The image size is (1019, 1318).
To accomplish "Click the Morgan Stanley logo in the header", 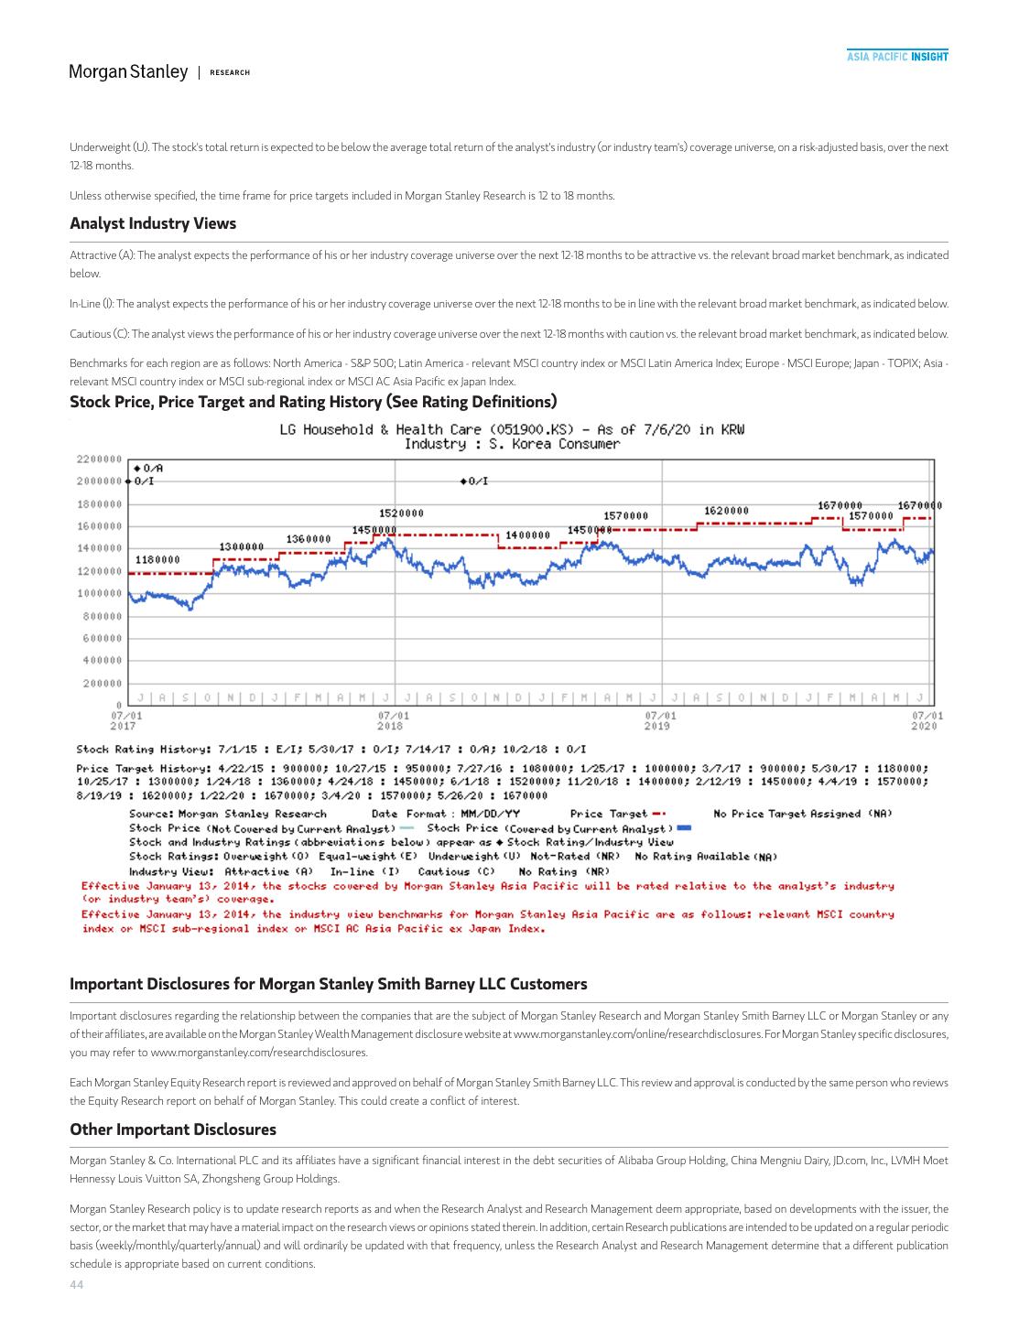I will point(128,71).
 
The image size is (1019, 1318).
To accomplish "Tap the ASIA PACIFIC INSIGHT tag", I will point(896,57).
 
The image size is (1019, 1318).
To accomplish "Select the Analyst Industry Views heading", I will point(153,223).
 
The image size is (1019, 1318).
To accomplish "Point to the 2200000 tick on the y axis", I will point(99,459).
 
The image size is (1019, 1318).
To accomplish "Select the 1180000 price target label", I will point(157,559).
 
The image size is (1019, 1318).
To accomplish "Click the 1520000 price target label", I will point(401,513).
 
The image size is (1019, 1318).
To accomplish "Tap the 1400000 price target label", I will point(527,535).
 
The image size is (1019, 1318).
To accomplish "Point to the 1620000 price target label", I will point(726,510).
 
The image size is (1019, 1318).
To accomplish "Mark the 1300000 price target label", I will point(242,546).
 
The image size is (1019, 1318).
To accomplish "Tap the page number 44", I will point(76,1285).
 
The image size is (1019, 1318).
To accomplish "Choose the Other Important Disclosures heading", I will point(173,1129).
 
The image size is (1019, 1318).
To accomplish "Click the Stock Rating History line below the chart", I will point(331,750).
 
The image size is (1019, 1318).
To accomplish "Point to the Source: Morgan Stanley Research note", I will point(228,814).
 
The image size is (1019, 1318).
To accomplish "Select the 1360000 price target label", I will point(309,539).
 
